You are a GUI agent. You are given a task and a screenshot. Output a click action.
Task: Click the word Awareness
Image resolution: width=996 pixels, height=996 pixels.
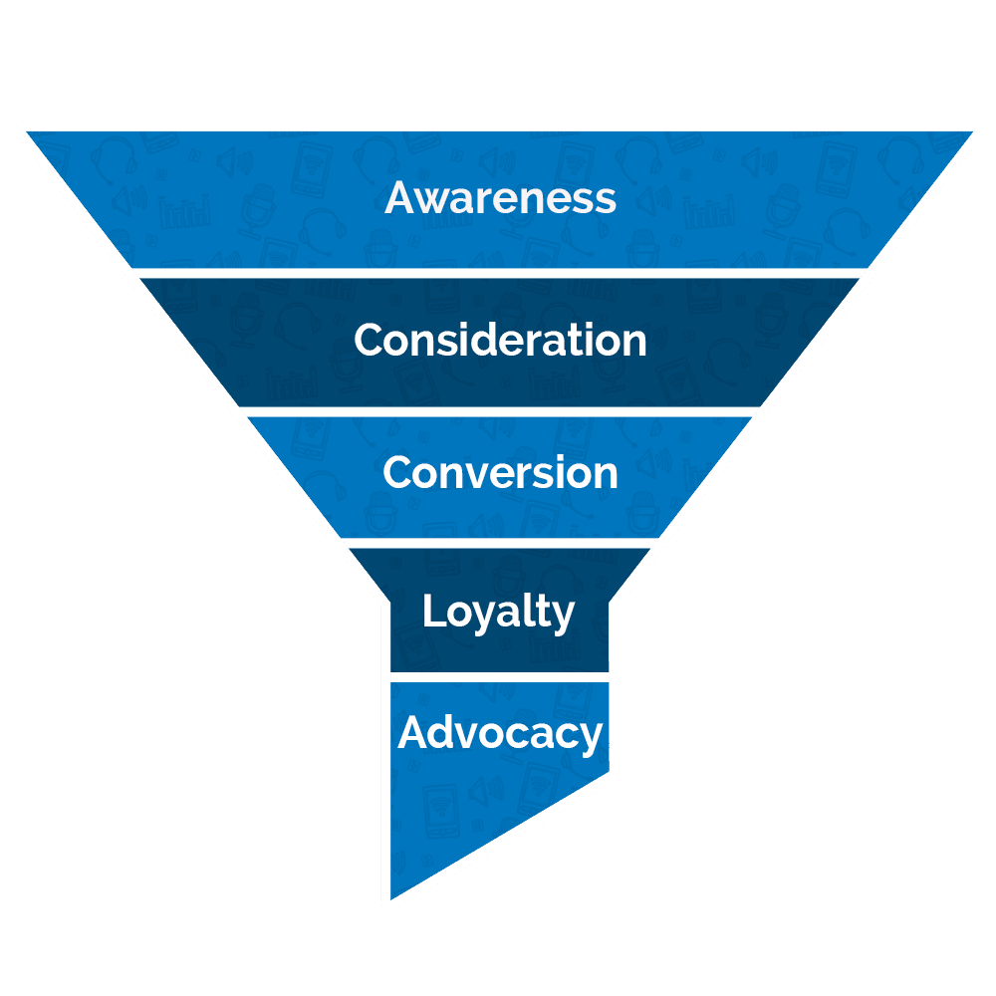click(x=500, y=197)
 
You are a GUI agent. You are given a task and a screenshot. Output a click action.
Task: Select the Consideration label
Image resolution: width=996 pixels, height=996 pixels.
click(x=500, y=341)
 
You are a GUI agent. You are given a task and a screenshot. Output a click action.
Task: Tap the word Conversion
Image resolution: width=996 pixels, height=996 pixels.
click(x=500, y=472)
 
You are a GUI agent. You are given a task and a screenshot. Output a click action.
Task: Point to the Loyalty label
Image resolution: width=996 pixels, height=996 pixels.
click(x=498, y=612)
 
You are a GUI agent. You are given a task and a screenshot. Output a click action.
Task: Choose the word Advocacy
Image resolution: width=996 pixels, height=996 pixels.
click(x=500, y=734)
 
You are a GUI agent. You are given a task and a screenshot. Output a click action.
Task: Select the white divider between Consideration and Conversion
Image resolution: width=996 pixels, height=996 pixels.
click(x=498, y=410)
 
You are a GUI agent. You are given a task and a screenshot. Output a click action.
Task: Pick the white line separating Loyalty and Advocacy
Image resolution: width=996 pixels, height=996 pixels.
click(x=498, y=676)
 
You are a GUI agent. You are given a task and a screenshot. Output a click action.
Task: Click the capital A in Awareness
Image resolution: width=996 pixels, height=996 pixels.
click(x=399, y=197)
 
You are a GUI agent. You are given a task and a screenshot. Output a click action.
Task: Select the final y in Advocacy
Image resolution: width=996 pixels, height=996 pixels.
click(x=592, y=738)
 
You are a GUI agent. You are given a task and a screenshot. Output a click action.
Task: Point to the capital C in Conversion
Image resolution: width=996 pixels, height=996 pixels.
click(x=399, y=472)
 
